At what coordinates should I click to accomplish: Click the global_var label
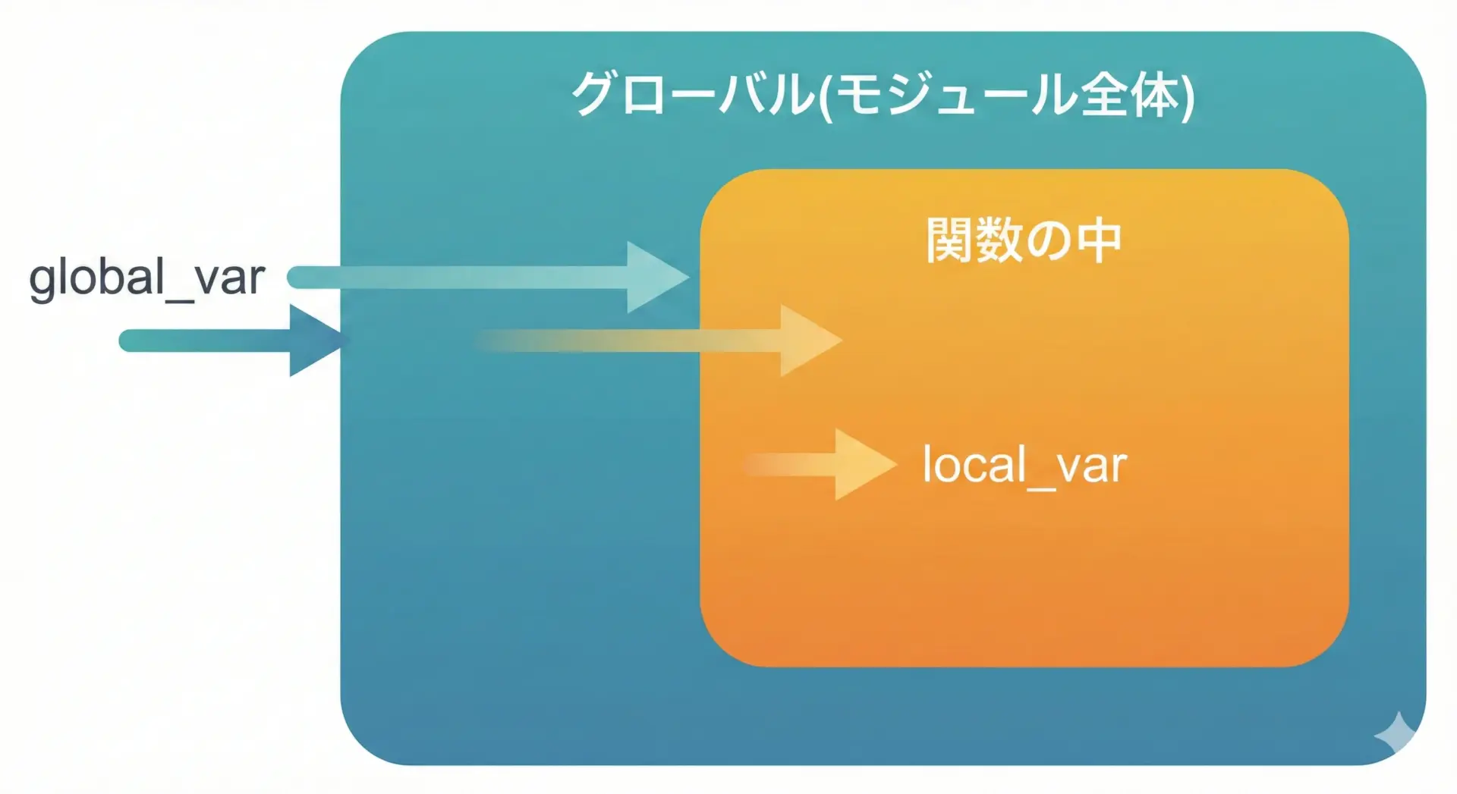[146, 278]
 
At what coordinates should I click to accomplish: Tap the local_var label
[1024, 464]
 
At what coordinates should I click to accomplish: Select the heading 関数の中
[1023, 240]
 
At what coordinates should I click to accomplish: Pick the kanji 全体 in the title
[1128, 95]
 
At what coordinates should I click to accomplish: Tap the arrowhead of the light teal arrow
[654, 277]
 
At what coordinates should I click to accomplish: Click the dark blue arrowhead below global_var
[316, 341]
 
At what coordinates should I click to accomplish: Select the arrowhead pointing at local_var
[862, 464]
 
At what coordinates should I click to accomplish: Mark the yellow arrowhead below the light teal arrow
[807, 341]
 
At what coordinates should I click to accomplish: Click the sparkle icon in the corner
[1396, 734]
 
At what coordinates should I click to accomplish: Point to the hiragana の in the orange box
[1049, 241]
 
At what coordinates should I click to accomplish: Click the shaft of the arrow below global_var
[205, 341]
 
